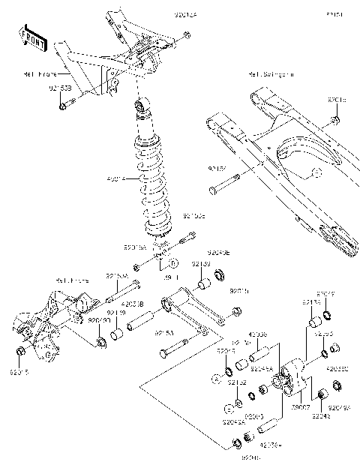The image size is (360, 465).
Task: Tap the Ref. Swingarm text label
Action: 271,75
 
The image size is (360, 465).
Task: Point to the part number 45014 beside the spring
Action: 117,178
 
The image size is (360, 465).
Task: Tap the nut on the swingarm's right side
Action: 336,120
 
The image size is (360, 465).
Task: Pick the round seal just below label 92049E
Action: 220,273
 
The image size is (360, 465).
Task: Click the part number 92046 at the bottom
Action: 249,456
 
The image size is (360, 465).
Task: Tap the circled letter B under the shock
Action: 172,263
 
